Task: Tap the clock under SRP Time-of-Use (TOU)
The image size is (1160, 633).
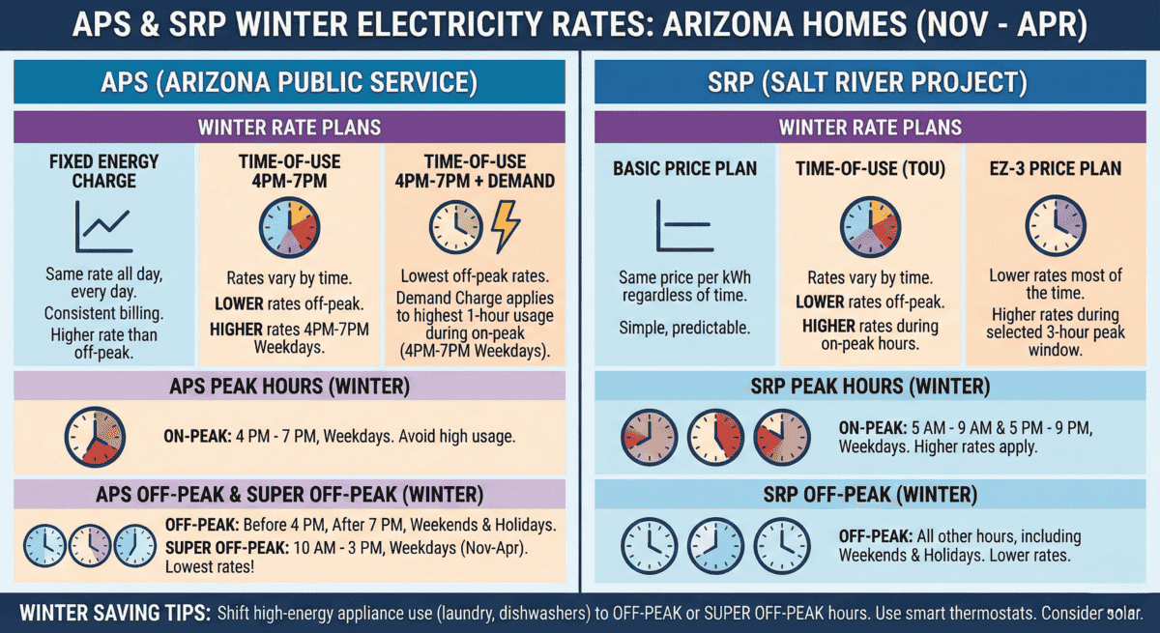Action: (x=870, y=227)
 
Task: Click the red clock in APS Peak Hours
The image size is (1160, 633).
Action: (x=94, y=436)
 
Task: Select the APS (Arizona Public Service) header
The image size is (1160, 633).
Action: (x=289, y=81)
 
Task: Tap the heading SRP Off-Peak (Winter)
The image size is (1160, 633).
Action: (x=870, y=495)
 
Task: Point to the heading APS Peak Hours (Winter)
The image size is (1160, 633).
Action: (x=289, y=388)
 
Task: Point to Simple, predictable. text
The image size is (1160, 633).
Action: (x=684, y=329)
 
